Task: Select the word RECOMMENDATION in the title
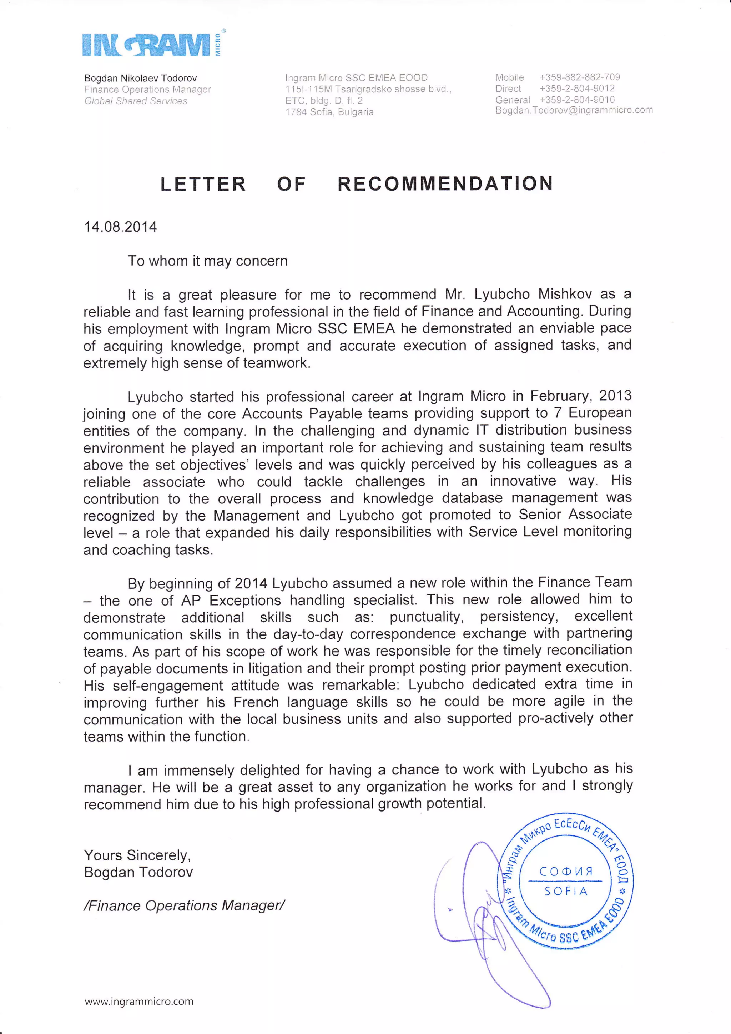(x=445, y=184)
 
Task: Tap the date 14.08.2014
(x=120, y=226)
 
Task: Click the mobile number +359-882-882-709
(x=579, y=77)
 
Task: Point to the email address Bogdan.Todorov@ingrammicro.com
(x=574, y=110)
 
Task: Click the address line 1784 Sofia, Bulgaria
(x=329, y=112)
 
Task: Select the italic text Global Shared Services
(x=136, y=101)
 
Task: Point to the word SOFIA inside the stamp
(x=566, y=891)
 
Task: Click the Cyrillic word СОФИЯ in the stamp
(x=566, y=872)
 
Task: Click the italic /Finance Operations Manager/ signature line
(x=184, y=906)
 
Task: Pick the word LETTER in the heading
(x=203, y=184)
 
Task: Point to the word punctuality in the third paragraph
(x=426, y=617)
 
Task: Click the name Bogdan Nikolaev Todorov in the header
(x=140, y=78)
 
